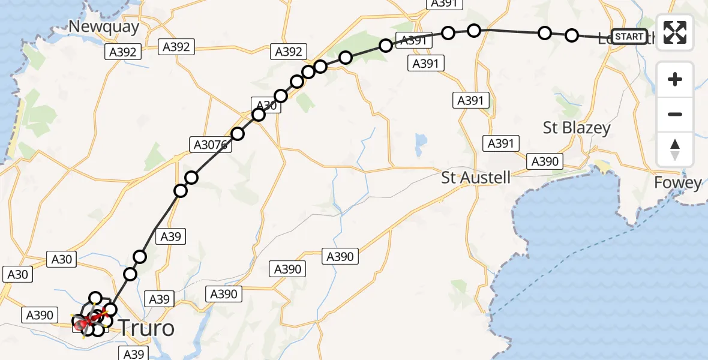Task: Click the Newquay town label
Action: [x=104, y=26]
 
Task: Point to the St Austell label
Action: [x=476, y=178]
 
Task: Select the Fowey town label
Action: [x=678, y=182]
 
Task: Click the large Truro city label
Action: [x=147, y=328]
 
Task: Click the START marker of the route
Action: [x=629, y=37]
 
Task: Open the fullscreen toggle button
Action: [x=675, y=32]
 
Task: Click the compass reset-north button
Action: [x=675, y=149]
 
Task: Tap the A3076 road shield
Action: [x=210, y=145]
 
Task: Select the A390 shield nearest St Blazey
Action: [x=545, y=161]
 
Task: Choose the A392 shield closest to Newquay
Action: [x=124, y=52]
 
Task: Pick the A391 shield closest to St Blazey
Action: [x=501, y=143]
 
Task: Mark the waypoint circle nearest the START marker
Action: [x=572, y=35]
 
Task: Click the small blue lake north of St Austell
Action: [x=421, y=141]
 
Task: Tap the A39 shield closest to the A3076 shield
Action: [x=170, y=236]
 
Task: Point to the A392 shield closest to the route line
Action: [x=288, y=52]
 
